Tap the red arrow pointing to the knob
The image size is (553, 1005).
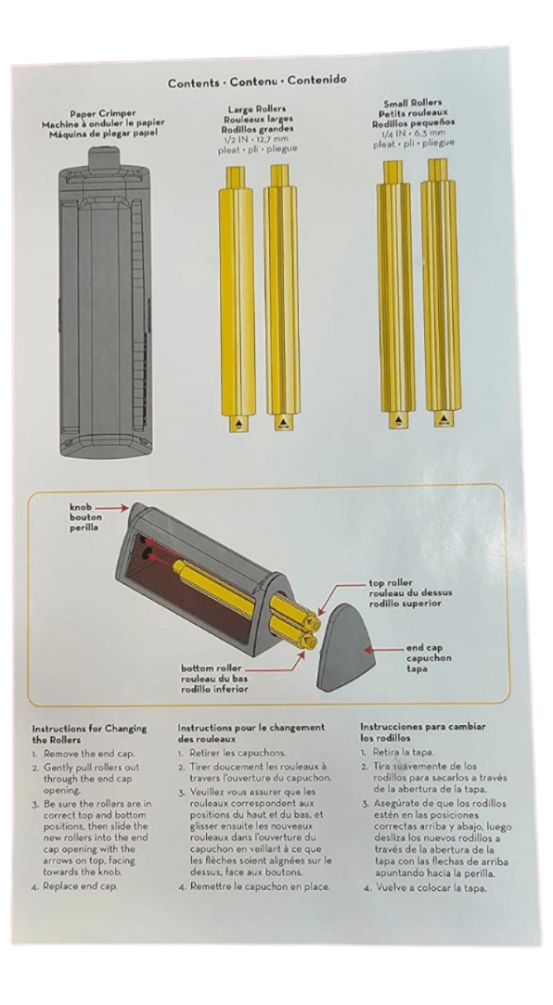(x=109, y=511)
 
